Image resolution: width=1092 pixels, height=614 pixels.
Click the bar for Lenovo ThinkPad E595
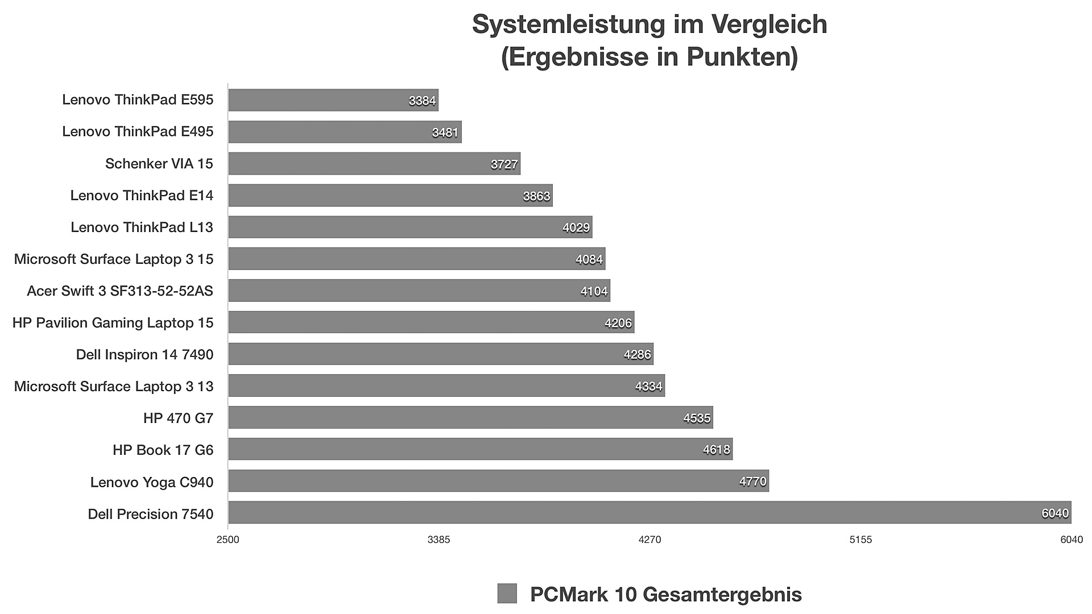pos(333,100)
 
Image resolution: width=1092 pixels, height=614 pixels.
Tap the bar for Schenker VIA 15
pos(374,164)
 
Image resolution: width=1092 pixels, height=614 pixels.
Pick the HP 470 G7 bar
pos(470,417)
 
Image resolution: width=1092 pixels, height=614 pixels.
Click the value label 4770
pos(752,482)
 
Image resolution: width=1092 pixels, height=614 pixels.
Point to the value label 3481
pos(445,132)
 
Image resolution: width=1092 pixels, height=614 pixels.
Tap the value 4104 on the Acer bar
pos(594,291)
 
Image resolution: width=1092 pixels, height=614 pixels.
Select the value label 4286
pos(637,355)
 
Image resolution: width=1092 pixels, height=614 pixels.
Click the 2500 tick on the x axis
pos(227,540)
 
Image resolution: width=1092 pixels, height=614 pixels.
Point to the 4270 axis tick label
pos(650,540)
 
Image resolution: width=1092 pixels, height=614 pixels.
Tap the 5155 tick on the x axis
pos(861,540)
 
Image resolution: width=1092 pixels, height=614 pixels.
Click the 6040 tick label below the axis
pos(1071,540)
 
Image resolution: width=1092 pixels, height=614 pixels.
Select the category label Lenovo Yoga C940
pos(151,482)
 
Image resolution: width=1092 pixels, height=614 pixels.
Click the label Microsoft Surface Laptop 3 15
pos(113,259)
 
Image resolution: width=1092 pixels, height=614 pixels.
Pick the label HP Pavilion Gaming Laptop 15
pos(113,323)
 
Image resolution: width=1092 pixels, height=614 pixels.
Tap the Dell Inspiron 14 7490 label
pos(144,355)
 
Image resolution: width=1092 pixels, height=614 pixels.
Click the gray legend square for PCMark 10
pos(507,594)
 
